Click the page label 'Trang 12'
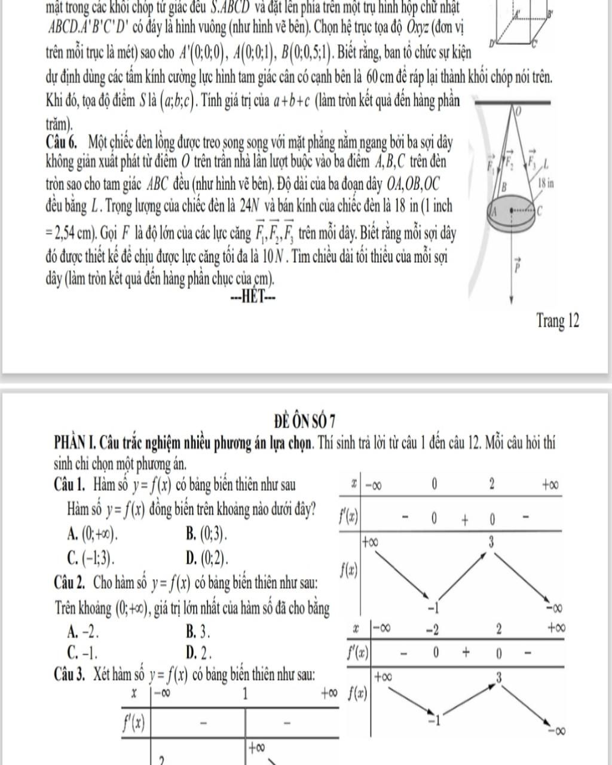pos(558,321)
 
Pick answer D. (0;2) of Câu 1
pos(207,558)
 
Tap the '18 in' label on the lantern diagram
pos(546,183)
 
